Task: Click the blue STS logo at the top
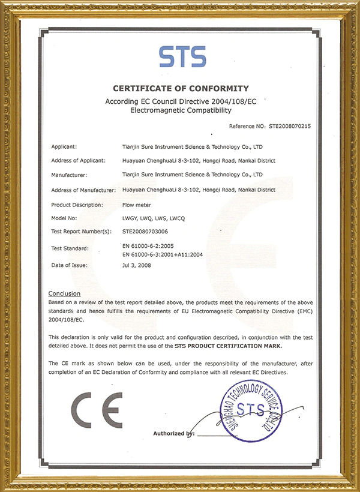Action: pos(182,56)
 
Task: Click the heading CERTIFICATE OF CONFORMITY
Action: pos(180,88)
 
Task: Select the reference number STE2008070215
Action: pos(289,127)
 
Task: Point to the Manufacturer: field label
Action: pos(70,175)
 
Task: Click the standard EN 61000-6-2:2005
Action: pos(147,246)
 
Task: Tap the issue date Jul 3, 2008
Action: pos(136,265)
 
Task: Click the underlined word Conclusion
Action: pos(64,293)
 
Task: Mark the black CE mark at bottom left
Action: pos(97,409)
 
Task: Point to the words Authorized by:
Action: pos(174,433)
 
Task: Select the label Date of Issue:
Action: pos(70,265)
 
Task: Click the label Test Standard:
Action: pos(70,248)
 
